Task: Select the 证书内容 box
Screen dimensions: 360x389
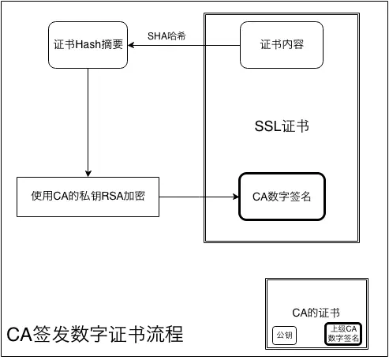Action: click(282, 45)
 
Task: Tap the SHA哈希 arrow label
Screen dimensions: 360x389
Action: click(167, 36)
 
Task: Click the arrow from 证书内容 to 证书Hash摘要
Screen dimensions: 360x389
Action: click(185, 46)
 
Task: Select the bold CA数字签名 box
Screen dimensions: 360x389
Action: click(282, 196)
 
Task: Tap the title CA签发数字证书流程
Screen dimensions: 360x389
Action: click(95, 334)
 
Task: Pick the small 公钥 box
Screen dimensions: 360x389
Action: click(283, 336)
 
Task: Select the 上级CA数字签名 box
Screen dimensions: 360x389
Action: click(343, 334)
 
